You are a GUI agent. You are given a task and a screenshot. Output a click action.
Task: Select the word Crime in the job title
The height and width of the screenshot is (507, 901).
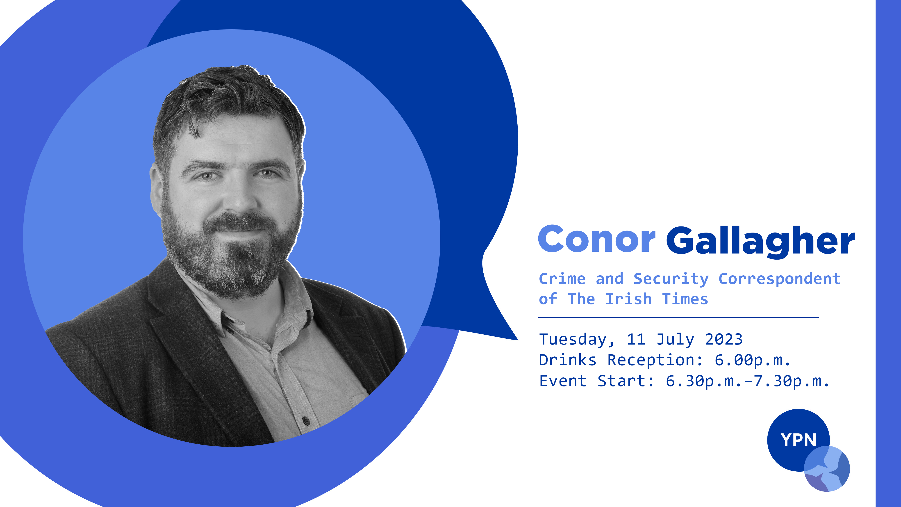coord(562,279)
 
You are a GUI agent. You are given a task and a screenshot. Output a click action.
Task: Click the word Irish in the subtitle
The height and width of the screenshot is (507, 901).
coord(628,299)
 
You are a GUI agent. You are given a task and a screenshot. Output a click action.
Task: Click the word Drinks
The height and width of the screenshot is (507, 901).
coord(567,360)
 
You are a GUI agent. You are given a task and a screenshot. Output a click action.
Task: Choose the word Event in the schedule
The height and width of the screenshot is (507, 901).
coord(563,381)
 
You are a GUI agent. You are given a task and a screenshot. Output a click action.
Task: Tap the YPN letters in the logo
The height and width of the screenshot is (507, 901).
coord(799,440)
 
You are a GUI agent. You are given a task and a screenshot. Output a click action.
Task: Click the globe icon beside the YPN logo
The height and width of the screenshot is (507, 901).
coord(827,469)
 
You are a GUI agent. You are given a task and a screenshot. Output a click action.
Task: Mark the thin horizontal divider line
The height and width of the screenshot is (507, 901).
coord(678,318)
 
